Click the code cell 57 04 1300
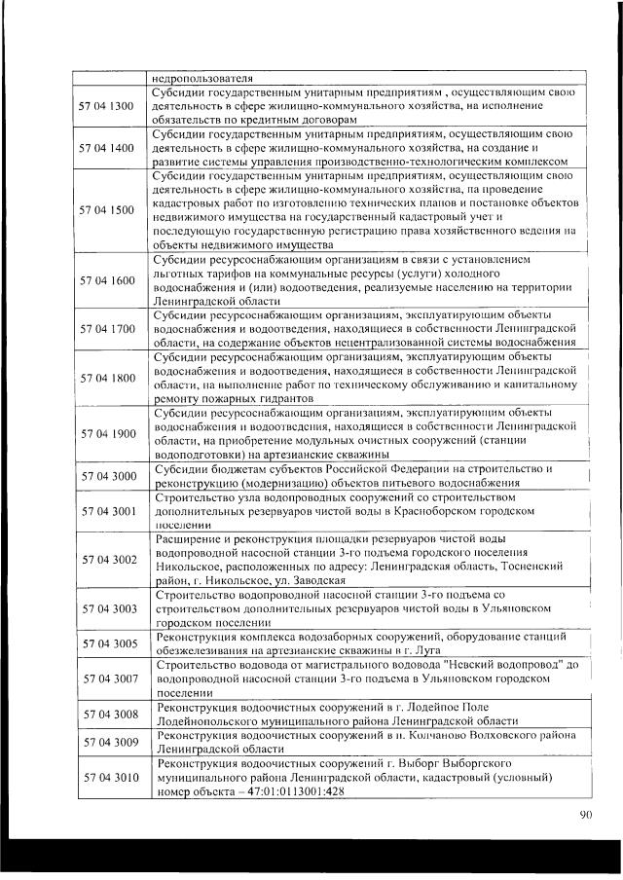tap(109, 105)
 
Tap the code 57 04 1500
tap(109, 209)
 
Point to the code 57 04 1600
tap(109, 280)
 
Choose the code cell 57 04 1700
tap(109, 328)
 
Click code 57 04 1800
tap(109, 377)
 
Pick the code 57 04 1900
tap(109, 432)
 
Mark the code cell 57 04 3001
tap(109, 510)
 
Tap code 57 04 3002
tap(109, 559)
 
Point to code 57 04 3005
tap(109, 642)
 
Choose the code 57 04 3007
tap(109, 678)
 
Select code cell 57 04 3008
tap(109, 714)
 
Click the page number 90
tap(584, 815)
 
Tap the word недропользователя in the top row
tap(202, 77)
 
